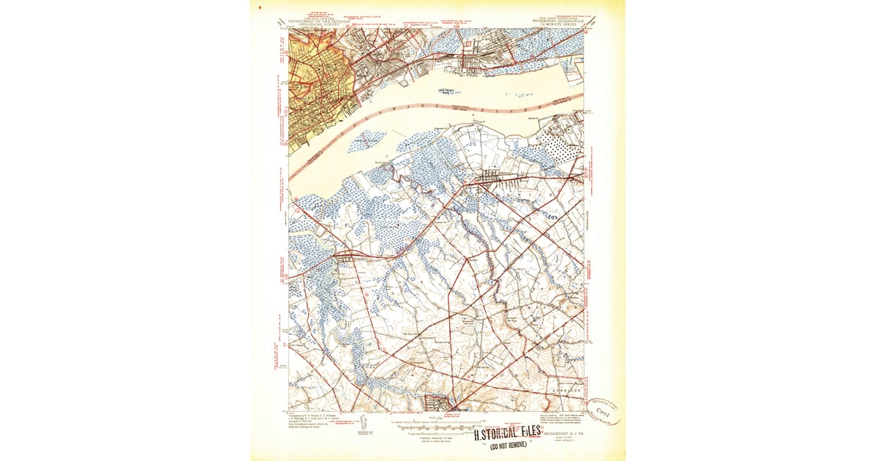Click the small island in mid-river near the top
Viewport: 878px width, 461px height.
(448, 91)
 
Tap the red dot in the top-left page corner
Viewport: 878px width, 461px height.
(260, 4)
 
